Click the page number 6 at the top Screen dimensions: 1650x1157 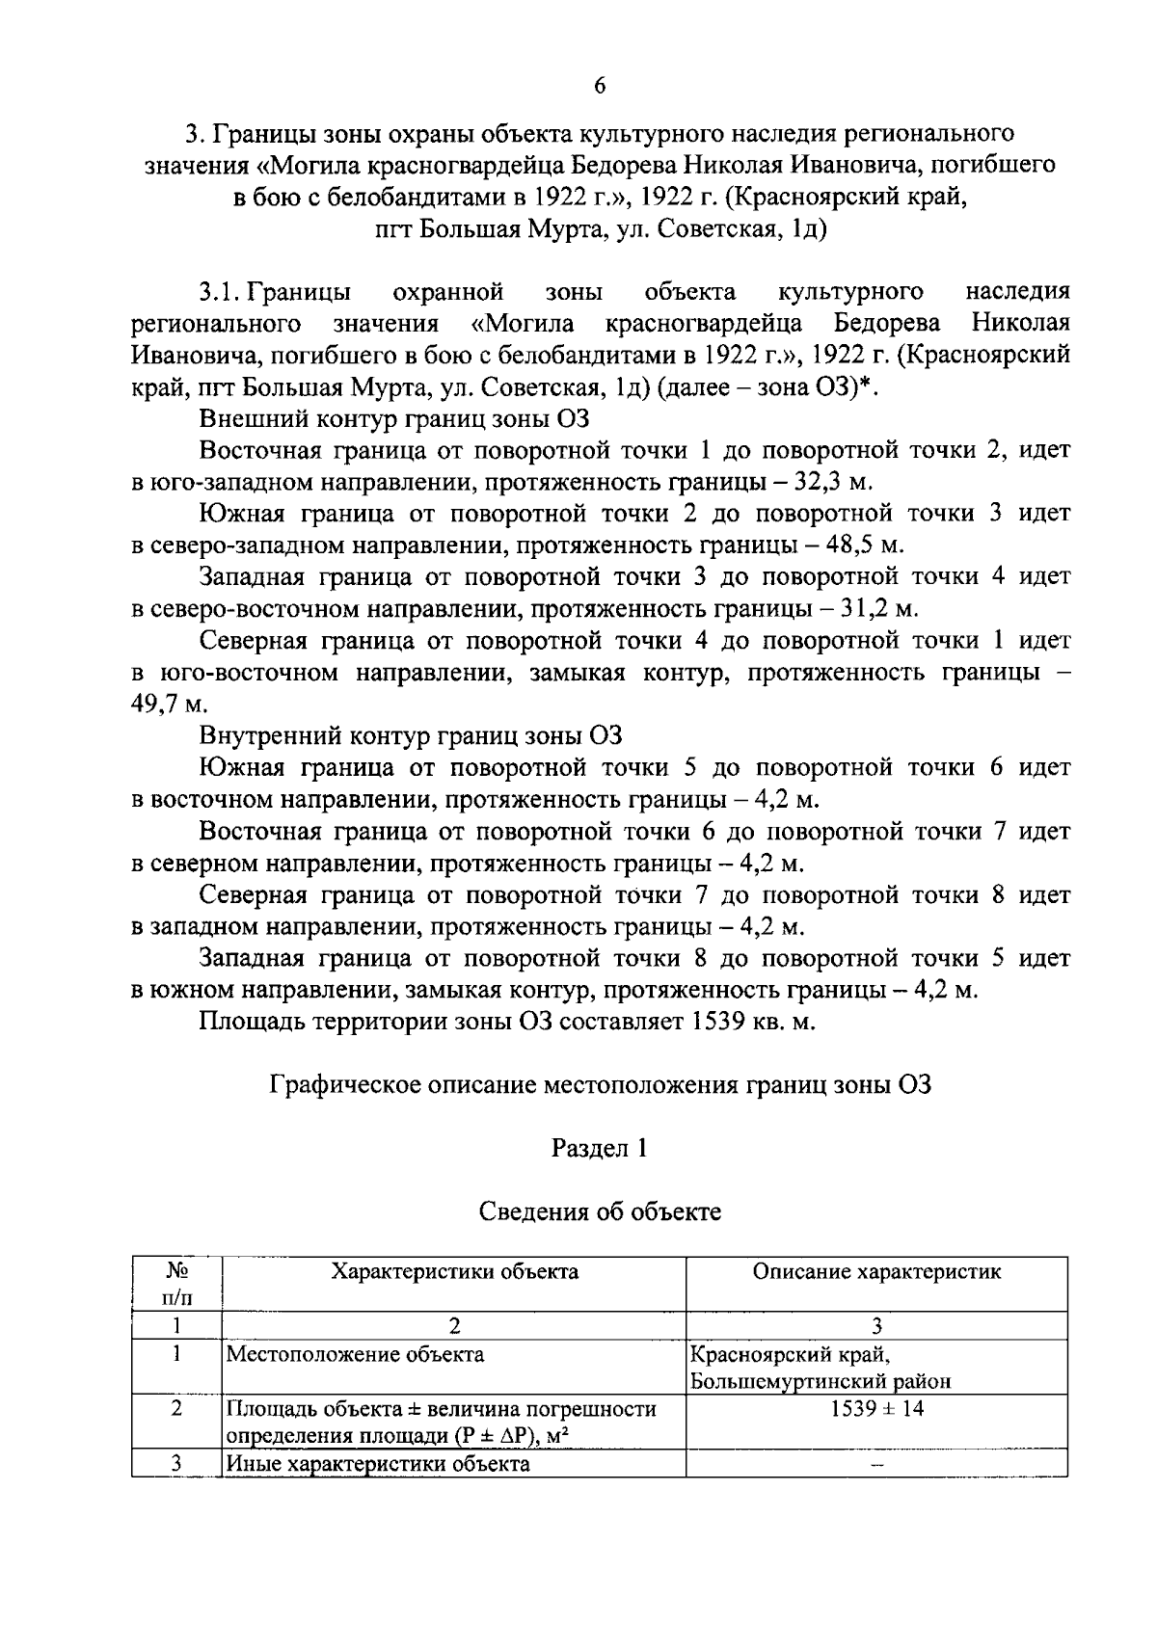coord(599,86)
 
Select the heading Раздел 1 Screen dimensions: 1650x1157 coord(599,1148)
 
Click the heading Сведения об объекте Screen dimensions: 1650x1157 coord(599,1211)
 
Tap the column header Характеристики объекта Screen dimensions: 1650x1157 coord(454,1271)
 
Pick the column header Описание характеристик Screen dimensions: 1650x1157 coord(876,1271)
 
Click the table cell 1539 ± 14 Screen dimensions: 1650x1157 coord(876,1408)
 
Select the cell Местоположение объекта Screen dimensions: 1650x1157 coord(355,1353)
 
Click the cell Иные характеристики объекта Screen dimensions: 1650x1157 coord(378,1464)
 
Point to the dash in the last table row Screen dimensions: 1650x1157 coord(876,1465)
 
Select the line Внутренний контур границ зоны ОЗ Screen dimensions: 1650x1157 coord(411,736)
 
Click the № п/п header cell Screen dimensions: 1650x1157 coord(176,1282)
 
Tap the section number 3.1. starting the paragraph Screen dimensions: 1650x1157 coord(219,292)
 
